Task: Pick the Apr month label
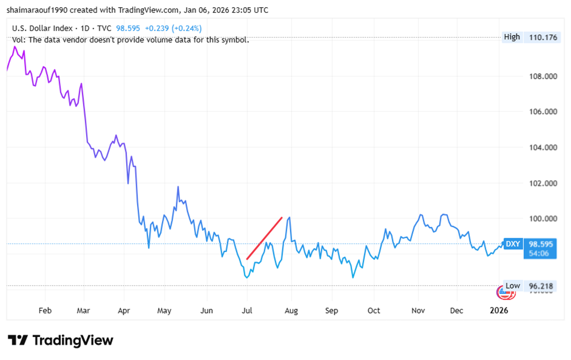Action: point(124,311)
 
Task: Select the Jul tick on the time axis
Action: point(247,311)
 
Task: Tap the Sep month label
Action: point(331,311)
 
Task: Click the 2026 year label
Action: point(499,311)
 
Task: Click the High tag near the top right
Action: point(512,37)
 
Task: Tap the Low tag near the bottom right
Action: point(513,286)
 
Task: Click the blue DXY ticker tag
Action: point(513,244)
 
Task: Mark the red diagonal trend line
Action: point(264,238)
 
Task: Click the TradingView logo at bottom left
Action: point(61,340)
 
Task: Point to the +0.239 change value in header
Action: point(157,28)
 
